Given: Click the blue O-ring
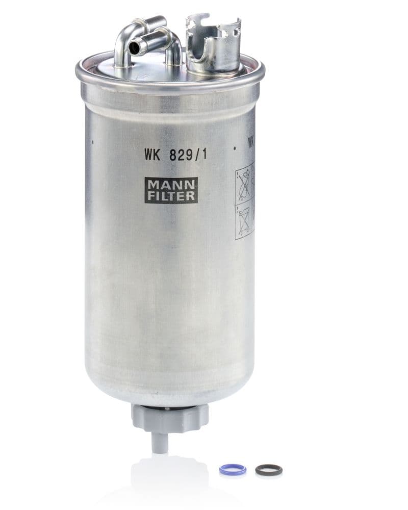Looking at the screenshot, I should pos(233,469).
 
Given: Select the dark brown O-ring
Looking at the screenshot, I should pos(269,470).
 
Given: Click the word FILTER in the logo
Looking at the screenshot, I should pos(171,195).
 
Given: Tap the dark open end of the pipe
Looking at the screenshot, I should pos(134,48).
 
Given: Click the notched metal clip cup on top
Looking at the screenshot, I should pos(213,46).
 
